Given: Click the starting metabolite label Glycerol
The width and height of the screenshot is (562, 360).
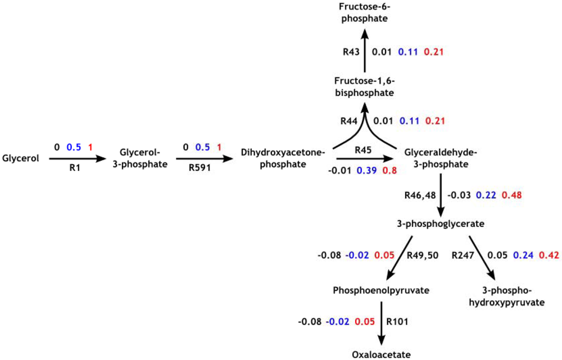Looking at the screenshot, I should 21,158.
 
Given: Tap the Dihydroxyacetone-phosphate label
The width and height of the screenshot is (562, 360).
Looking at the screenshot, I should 283,158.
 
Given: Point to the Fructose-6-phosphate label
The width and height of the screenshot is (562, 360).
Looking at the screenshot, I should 365,13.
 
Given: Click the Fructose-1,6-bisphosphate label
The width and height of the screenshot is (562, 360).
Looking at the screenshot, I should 365,87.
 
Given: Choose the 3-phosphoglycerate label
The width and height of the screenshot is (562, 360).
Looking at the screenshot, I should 440,224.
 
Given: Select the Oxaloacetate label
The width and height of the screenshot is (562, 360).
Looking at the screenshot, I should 382,354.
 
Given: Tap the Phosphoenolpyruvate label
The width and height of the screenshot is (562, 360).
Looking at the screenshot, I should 381,290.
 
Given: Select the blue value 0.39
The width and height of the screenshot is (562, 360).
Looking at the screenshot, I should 366,170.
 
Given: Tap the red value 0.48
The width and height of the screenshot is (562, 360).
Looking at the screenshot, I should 513,194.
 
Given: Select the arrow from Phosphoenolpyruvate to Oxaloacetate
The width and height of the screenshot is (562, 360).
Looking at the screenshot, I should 382,323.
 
